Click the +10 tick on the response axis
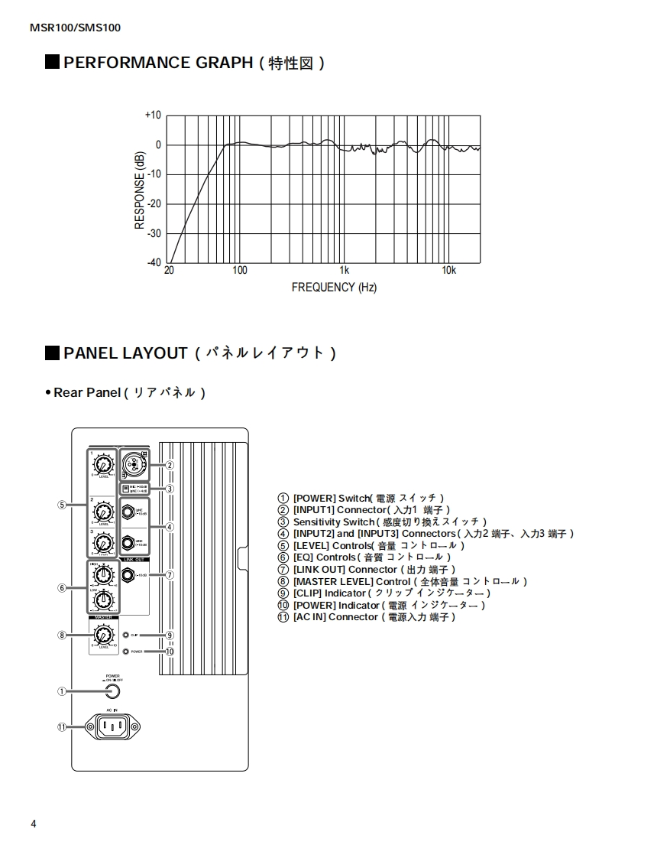153,115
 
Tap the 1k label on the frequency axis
345,271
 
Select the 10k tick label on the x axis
448,271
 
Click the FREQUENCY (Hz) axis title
334,288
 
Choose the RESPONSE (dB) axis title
140,190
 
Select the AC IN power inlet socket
113,726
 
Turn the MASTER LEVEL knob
102,634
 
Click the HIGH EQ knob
102,574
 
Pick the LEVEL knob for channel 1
102,464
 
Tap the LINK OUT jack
128,575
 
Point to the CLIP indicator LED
125,635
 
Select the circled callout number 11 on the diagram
62,727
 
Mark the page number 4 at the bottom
34,824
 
